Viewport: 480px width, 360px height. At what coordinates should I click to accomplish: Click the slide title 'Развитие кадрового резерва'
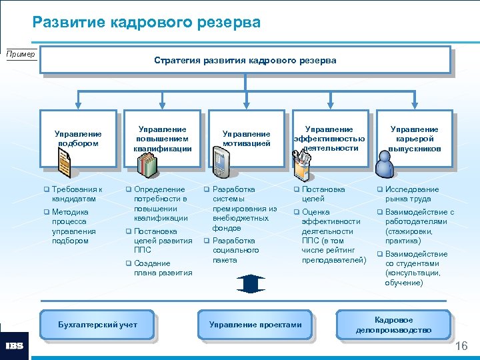pos(147,23)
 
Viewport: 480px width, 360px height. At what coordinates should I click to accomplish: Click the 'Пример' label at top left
pos(21,54)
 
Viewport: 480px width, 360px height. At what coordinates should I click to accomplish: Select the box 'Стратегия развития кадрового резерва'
pos(245,60)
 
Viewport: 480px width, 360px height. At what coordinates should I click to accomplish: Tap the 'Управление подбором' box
pos(79,138)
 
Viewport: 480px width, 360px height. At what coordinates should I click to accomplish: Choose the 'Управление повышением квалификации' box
pos(162,137)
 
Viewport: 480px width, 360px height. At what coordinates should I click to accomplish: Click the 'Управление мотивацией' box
pos(246,138)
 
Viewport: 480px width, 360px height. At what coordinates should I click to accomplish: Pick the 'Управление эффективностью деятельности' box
pos(329,137)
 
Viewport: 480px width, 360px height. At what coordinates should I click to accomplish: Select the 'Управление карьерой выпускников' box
pos(414,138)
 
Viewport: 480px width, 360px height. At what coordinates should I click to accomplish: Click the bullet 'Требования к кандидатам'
pos(77,194)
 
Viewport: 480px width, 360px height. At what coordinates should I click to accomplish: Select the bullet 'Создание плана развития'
pos(163,268)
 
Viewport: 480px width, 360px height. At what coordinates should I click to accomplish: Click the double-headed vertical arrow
pos(250,283)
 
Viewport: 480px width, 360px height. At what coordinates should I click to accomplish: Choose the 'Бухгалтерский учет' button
pos(97,324)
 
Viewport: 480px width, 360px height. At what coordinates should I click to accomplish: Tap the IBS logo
pos(14,346)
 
